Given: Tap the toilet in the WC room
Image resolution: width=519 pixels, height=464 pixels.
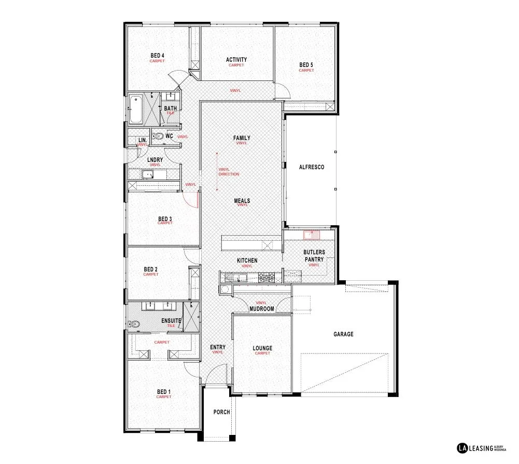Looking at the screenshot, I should click(159, 136).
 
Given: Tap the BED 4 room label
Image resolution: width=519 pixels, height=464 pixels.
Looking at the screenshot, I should click(158, 56).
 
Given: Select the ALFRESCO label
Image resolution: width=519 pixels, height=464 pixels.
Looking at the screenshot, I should click(312, 167).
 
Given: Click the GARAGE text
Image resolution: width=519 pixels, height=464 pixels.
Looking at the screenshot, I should click(343, 334).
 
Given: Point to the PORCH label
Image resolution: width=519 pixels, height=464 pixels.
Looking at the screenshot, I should click(221, 412).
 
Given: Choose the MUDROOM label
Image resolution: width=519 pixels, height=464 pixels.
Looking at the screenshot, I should click(261, 309).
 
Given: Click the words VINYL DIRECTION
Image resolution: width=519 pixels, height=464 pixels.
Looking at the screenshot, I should click(229, 172).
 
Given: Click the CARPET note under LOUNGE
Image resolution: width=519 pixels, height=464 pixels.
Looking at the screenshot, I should click(262, 353).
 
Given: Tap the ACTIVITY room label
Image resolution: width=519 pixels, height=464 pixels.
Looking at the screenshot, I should click(236, 60).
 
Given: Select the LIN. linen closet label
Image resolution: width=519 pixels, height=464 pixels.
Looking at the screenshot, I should click(142, 140).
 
